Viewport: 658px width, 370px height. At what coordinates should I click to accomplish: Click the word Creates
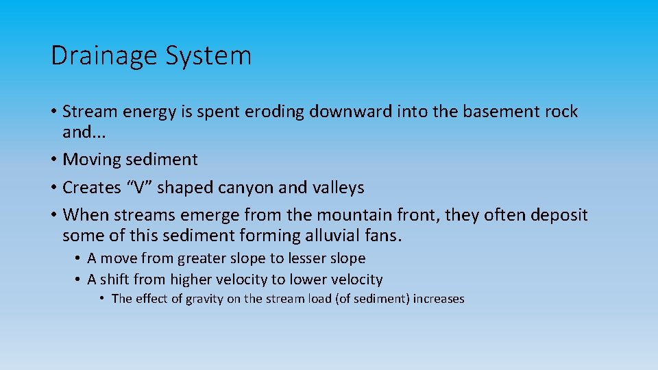tap(92, 188)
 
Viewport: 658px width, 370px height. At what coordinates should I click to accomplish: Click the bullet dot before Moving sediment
tap(53, 160)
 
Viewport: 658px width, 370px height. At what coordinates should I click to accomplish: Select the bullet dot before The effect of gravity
tap(101, 299)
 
